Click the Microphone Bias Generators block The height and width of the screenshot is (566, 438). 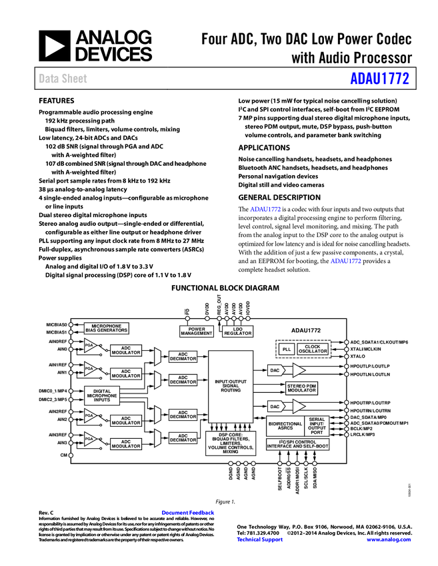click(107, 328)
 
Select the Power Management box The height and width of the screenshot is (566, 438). click(197, 331)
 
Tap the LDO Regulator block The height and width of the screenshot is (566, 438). click(238, 331)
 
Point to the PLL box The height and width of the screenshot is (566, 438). click(287, 349)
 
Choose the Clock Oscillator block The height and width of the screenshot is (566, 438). click(313, 349)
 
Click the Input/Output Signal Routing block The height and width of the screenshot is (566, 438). click(231, 386)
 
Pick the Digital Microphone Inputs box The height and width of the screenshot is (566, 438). click(102, 396)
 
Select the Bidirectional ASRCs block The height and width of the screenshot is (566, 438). click(285, 426)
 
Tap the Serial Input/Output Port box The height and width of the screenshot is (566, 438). click(317, 425)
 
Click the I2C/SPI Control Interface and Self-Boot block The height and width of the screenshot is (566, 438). click(297, 444)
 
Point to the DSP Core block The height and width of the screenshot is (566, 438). click(230, 443)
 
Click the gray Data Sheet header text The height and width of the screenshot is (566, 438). click(63, 79)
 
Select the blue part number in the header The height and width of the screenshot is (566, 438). click(380, 79)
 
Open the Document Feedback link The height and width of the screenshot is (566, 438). click(189, 513)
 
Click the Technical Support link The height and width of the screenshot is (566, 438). click(260, 539)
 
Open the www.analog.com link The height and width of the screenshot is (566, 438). click(389, 539)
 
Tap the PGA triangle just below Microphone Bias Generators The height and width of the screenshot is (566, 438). click(89, 346)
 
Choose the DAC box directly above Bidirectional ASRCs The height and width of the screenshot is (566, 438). click(275, 406)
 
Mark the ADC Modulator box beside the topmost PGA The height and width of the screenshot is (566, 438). click(126, 350)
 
